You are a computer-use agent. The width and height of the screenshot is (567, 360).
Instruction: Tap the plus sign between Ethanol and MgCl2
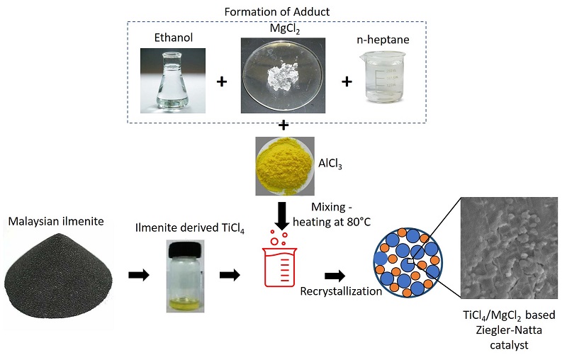coord(222,81)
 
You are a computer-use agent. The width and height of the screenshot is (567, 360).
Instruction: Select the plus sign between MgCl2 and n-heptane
coord(347,81)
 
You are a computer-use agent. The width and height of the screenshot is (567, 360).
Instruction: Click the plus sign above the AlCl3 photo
coord(283,126)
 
